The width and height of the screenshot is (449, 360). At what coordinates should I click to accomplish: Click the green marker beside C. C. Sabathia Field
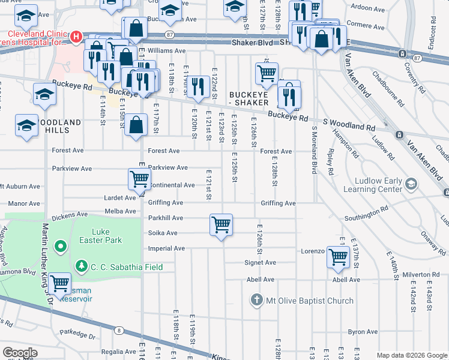pyautogui.click(x=80, y=266)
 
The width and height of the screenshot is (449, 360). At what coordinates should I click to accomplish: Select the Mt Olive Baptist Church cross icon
pyautogui.click(x=256, y=300)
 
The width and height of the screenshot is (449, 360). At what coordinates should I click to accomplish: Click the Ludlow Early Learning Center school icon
pyautogui.click(x=411, y=182)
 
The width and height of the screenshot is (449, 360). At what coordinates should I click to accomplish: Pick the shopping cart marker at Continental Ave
pyautogui.click(x=139, y=179)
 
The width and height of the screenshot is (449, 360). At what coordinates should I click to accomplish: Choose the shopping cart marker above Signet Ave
pyautogui.click(x=339, y=257)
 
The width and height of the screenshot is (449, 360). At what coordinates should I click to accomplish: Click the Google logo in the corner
pyautogui.click(x=20, y=352)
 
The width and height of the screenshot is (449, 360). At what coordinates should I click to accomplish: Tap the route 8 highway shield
pyautogui.click(x=119, y=330)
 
